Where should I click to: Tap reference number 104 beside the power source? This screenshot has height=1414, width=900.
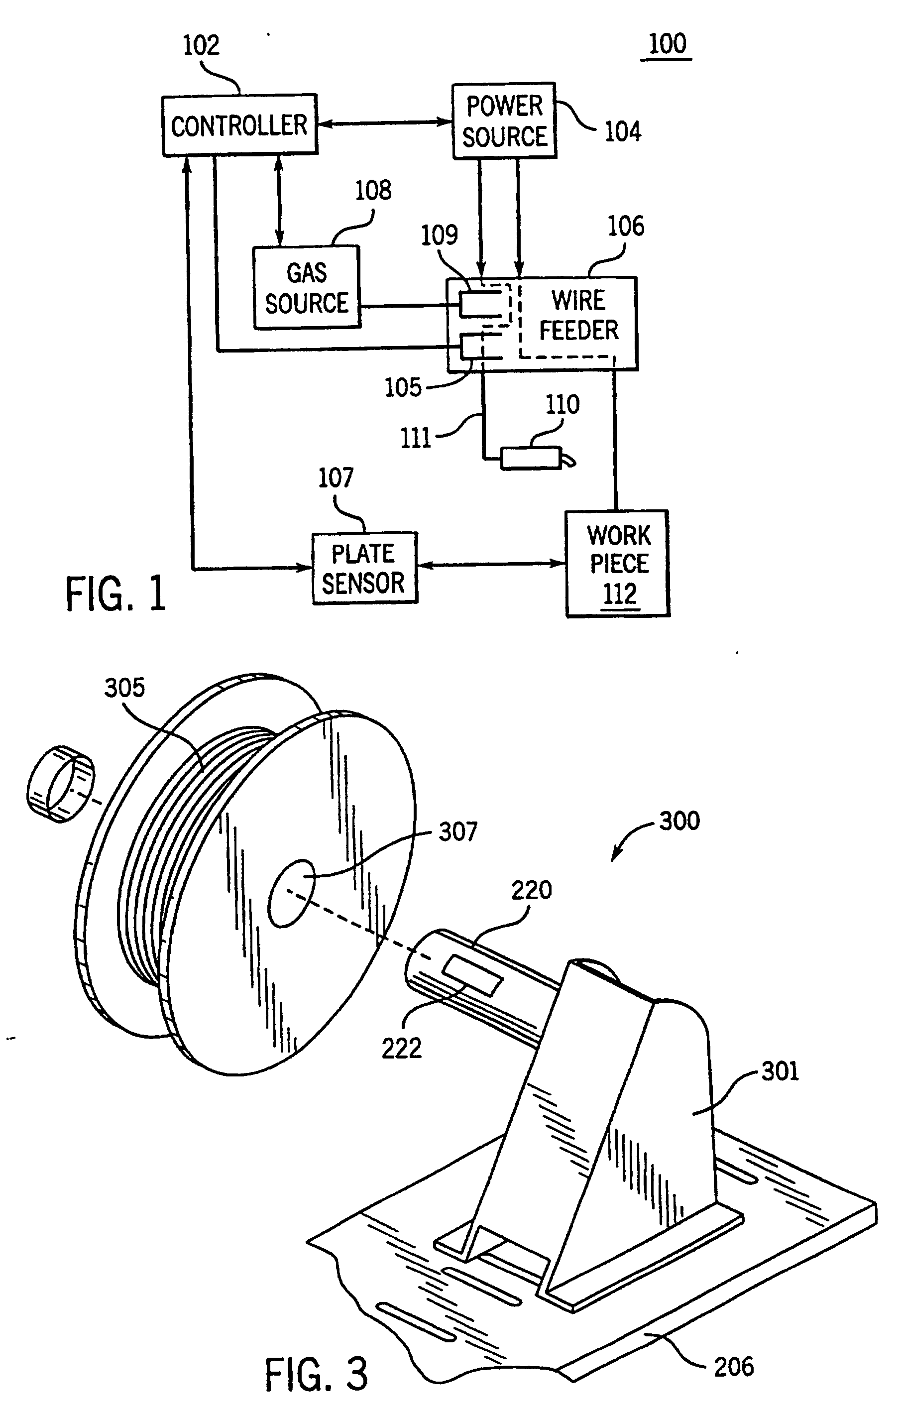pyautogui.click(x=623, y=131)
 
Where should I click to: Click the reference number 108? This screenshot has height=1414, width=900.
pyautogui.click(x=373, y=191)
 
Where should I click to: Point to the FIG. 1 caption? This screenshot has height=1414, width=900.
pyautogui.click(x=115, y=593)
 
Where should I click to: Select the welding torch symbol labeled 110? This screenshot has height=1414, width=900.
pyautogui.click(x=537, y=459)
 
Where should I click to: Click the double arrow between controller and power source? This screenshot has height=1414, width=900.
pyautogui.click(x=384, y=122)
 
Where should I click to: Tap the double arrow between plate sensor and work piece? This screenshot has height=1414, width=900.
pyautogui.click(x=491, y=564)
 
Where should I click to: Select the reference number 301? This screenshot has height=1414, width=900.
pyautogui.click(x=780, y=1071)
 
